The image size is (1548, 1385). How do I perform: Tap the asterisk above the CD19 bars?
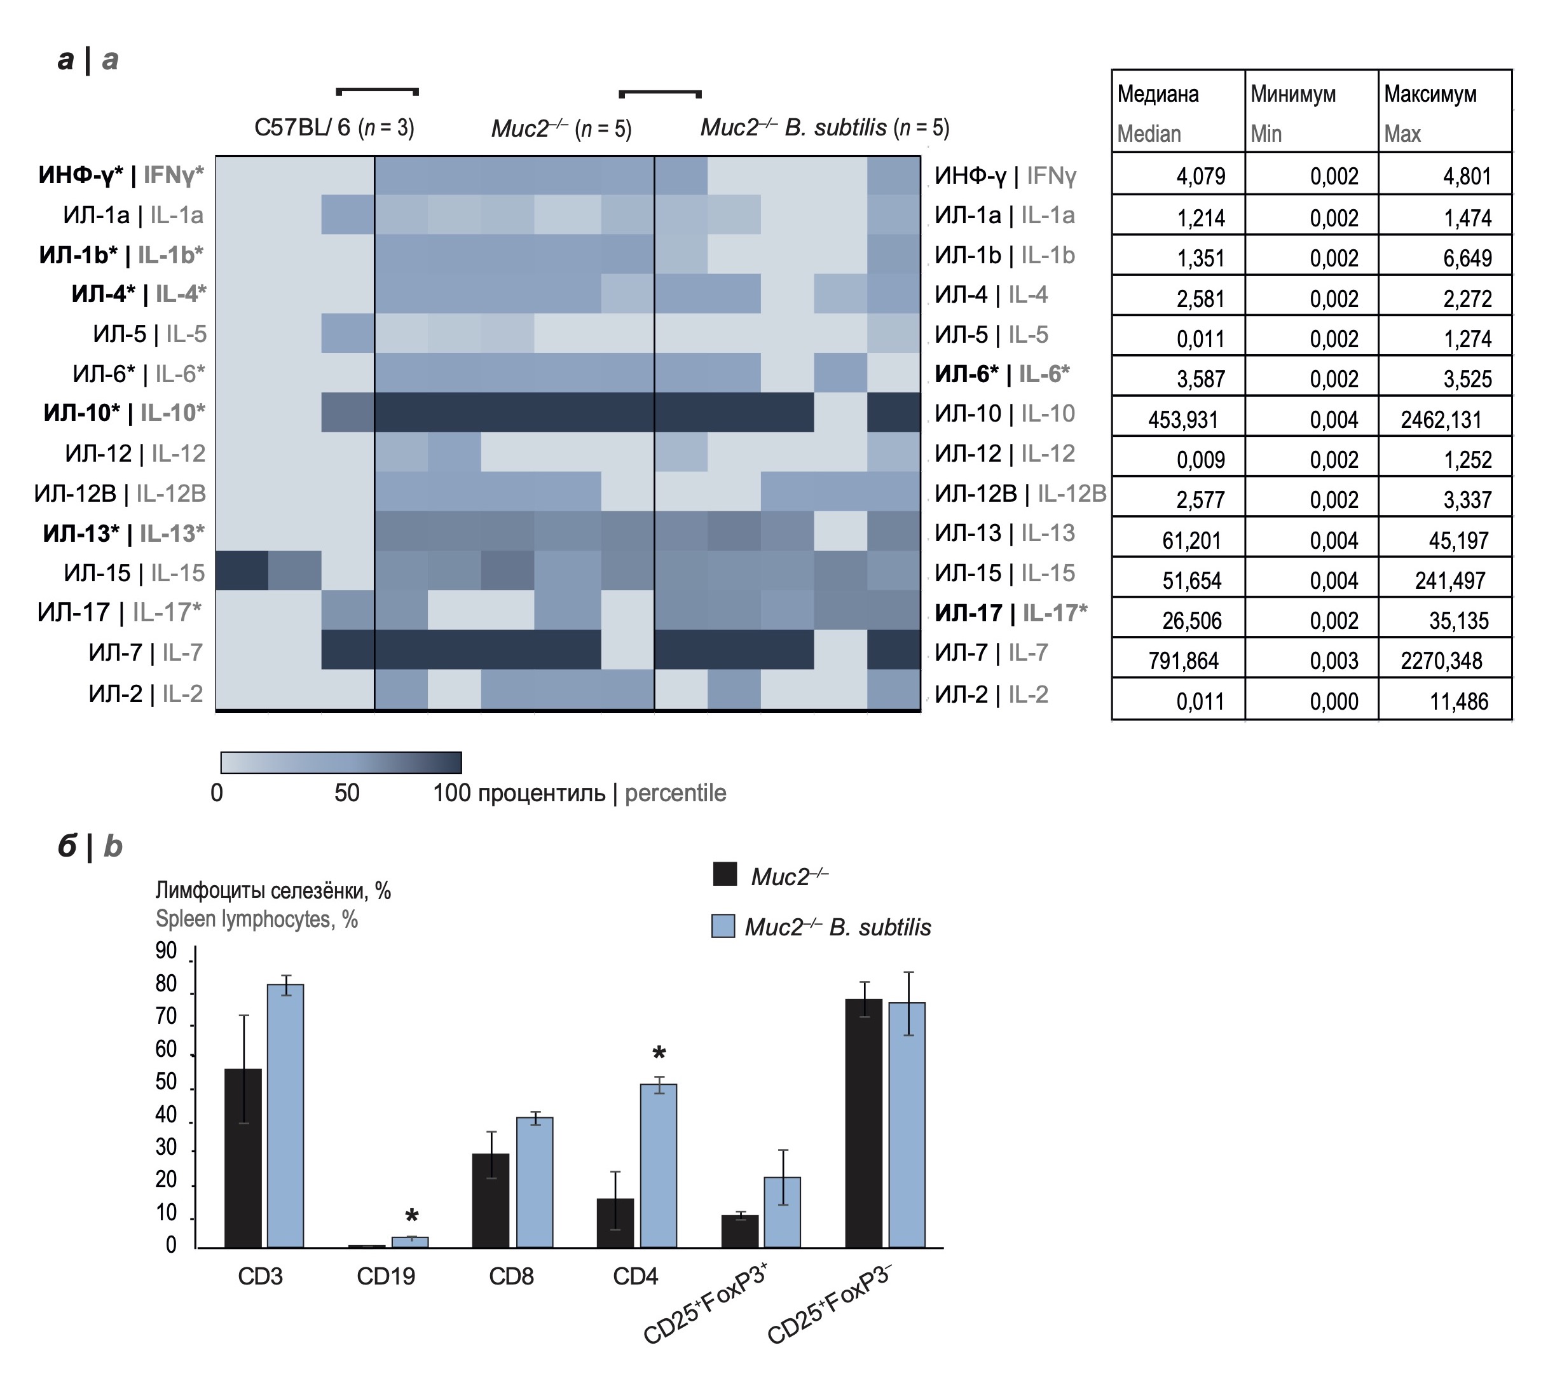click(411, 1215)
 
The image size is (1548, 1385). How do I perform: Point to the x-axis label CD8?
click(510, 1276)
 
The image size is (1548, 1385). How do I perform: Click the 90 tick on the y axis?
click(166, 951)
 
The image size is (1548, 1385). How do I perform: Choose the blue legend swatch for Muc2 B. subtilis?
click(723, 926)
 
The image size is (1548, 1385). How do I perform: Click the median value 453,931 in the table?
click(1183, 419)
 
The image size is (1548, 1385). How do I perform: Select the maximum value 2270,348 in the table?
click(1441, 660)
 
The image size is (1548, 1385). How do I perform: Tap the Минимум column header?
click(1293, 94)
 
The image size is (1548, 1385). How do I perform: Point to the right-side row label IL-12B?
click(1019, 493)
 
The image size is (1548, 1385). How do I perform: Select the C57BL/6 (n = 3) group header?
click(334, 127)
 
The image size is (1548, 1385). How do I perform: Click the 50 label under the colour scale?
click(347, 793)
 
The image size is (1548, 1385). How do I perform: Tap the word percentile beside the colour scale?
click(676, 793)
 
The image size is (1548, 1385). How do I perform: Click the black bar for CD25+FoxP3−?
click(863, 1123)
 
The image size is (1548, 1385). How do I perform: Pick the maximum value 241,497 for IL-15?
click(1450, 581)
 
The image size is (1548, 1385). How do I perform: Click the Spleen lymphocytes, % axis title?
click(256, 920)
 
